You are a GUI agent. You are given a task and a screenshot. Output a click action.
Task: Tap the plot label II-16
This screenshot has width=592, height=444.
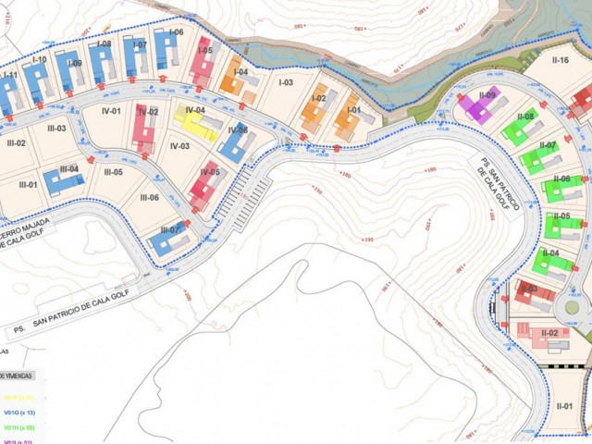pos(560,60)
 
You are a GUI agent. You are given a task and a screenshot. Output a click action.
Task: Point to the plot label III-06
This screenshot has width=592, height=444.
pos(149,197)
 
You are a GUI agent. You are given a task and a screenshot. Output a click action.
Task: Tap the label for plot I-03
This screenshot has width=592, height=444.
pos(286,82)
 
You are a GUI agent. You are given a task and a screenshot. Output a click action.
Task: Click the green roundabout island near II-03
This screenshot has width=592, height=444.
pos(573,306)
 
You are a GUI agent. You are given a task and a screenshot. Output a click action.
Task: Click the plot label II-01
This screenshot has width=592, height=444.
pos(564,406)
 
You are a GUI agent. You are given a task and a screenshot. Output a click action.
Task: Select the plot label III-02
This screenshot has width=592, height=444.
pos(16,143)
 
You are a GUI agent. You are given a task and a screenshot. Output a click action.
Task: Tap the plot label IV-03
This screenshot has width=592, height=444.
pos(179,146)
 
